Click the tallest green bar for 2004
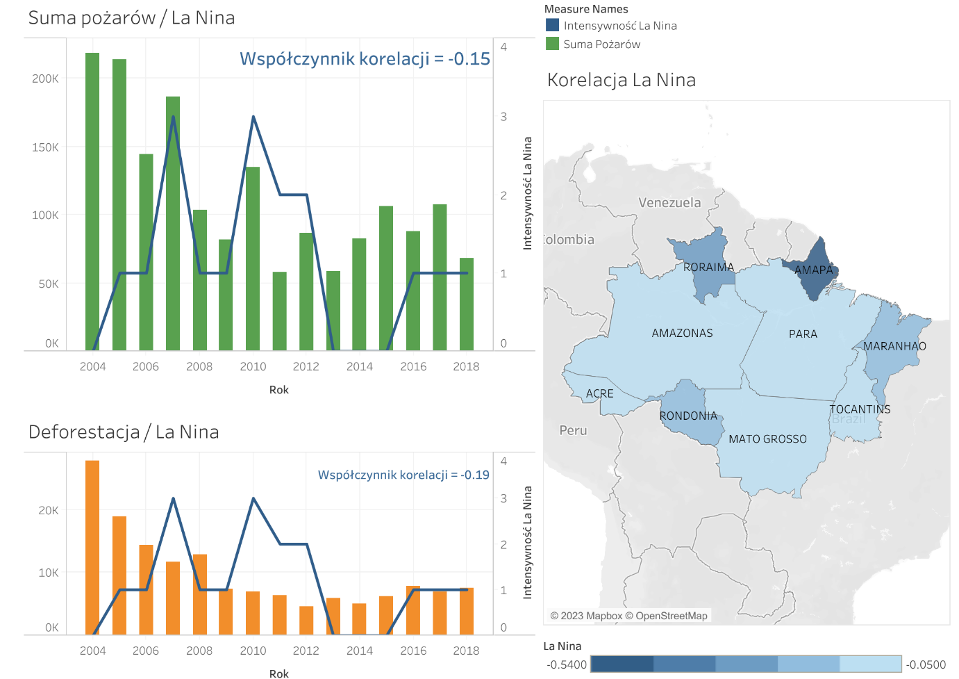[x=92, y=201]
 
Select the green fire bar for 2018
[x=467, y=304]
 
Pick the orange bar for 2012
[x=306, y=620]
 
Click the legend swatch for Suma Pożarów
[x=553, y=44]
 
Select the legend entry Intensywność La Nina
[x=619, y=26]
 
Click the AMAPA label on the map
[x=813, y=270]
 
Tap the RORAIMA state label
[x=708, y=267]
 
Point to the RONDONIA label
[x=688, y=416]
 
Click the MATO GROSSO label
[x=767, y=439]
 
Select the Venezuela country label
[x=669, y=203]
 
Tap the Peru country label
[x=573, y=430]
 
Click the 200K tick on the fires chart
[x=45, y=79]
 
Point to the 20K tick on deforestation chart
[x=48, y=510]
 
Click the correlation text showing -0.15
[x=365, y=59]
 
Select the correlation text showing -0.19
[x=403, y=475]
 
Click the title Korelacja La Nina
[x=621, y=80]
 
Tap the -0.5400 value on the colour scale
[x=567, y=664]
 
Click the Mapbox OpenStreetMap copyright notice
[x=628, y=616]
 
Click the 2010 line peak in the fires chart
[x=253, y=117]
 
